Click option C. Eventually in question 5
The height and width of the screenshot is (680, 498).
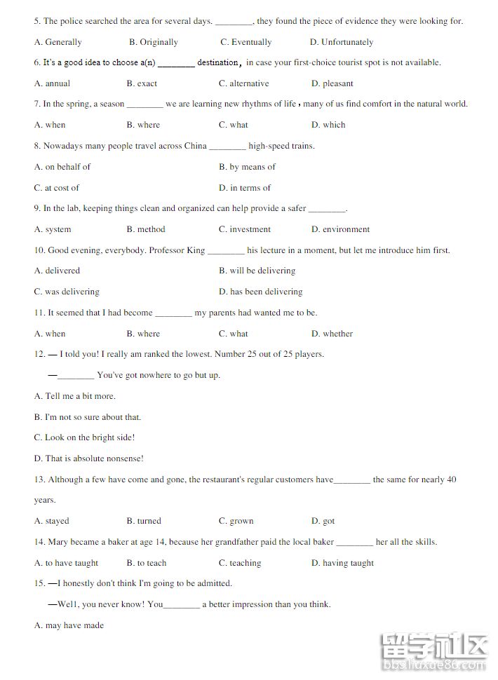(246, 42)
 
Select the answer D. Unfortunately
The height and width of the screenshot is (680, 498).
(342, 42)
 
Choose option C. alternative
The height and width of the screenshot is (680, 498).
(244, 83)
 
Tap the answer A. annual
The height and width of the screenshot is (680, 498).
(53, 83)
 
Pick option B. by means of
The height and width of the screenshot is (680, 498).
(248, 167)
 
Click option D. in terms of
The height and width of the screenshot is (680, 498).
(245, 188)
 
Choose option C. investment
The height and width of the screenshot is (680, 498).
(245, 229)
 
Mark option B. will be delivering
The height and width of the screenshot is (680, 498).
(257, 271)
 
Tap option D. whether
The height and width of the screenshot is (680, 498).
(332, 334)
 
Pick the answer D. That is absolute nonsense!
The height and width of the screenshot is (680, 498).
(89, 458)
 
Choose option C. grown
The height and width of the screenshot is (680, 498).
(236, 521)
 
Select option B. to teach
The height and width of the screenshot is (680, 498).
(147, 563)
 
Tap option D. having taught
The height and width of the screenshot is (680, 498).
(343, 563)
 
